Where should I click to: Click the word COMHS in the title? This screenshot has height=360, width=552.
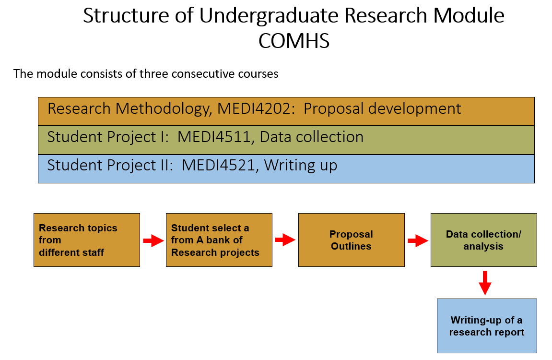click(x=294, y=41)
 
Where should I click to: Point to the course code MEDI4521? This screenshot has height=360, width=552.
click(x=218, y=165)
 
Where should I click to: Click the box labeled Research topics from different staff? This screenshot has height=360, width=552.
click(x=87, y=240)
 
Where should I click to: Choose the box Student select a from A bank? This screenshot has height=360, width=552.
click(x=219, y=240)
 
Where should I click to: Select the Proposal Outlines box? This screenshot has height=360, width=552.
click(x=352, y=240)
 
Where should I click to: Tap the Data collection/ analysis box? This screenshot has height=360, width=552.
click(x=484, y=240)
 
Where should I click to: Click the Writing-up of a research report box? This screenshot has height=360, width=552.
click(x=487, y=326)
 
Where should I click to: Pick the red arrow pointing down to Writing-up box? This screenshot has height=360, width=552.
click(x=485, y=283)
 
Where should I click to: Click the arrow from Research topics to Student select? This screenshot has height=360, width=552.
click(x=153, y=241)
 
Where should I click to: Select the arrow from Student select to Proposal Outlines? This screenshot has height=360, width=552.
click(x=285, y=240)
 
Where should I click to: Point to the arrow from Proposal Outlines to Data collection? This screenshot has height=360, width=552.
click(x=418, y=241)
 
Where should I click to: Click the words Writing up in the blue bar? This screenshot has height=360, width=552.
click(x=301, y=166)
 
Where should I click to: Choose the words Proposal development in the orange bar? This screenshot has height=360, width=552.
click(x=382, y=109)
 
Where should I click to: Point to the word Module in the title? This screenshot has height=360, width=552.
click(x=469, y=16)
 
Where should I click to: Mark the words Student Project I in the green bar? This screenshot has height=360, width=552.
click(x=108, y=137)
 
